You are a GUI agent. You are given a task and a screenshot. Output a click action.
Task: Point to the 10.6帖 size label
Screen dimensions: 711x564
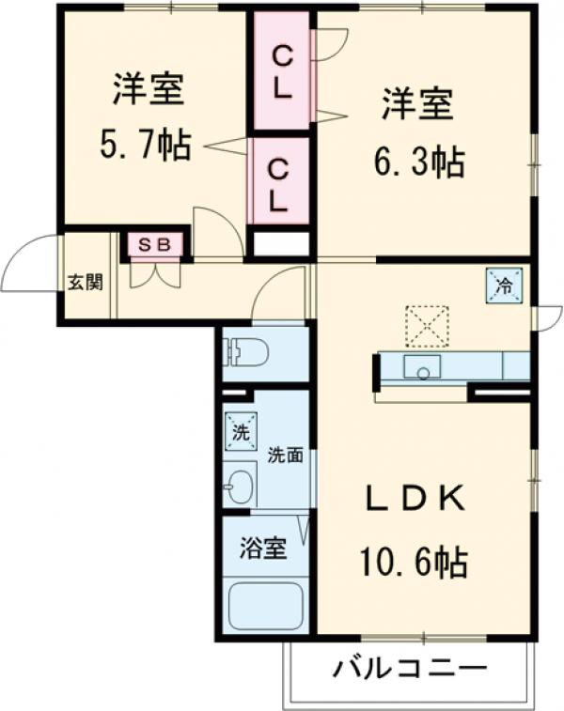414,563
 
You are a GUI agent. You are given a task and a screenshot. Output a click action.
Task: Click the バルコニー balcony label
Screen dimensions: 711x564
411,670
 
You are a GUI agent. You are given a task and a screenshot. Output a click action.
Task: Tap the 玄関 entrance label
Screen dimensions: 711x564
85,281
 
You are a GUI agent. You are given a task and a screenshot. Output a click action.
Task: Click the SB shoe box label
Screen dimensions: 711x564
156,244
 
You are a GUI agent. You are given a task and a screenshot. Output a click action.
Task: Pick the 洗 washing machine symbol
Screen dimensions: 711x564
239,432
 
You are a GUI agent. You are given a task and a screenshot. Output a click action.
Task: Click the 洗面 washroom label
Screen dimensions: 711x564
284,456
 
